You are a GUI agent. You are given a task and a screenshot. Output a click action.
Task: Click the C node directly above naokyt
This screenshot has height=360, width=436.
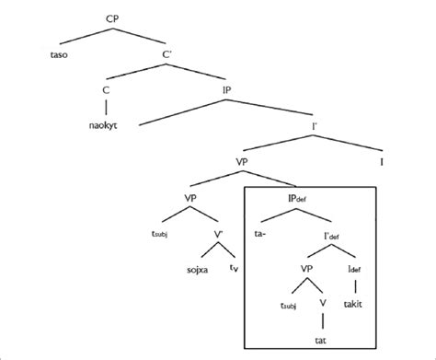(108, 90)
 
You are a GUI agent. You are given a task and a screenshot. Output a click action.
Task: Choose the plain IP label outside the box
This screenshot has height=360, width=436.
(226, 90)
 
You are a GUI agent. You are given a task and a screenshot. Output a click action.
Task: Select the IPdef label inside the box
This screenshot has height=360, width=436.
(295, 198)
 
